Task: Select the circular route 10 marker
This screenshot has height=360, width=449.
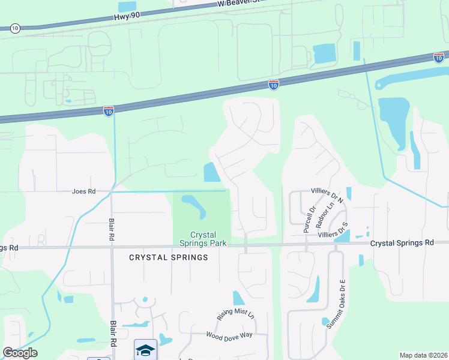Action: coord(15,28)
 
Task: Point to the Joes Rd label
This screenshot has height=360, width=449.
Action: coord(83,191)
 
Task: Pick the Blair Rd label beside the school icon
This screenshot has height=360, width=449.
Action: coord(113,334)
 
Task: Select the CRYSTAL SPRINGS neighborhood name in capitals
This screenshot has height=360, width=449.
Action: coord(169,257)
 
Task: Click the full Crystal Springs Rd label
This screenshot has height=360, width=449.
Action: coord(402,243)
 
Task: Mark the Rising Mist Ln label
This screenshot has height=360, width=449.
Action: coord(236,315)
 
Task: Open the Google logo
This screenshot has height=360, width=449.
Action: coord(20,352)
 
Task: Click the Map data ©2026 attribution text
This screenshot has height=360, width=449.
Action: coord(423,355)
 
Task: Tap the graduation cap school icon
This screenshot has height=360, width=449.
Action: coord(145,350)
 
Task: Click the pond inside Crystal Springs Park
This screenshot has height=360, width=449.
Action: coord(194,205)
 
